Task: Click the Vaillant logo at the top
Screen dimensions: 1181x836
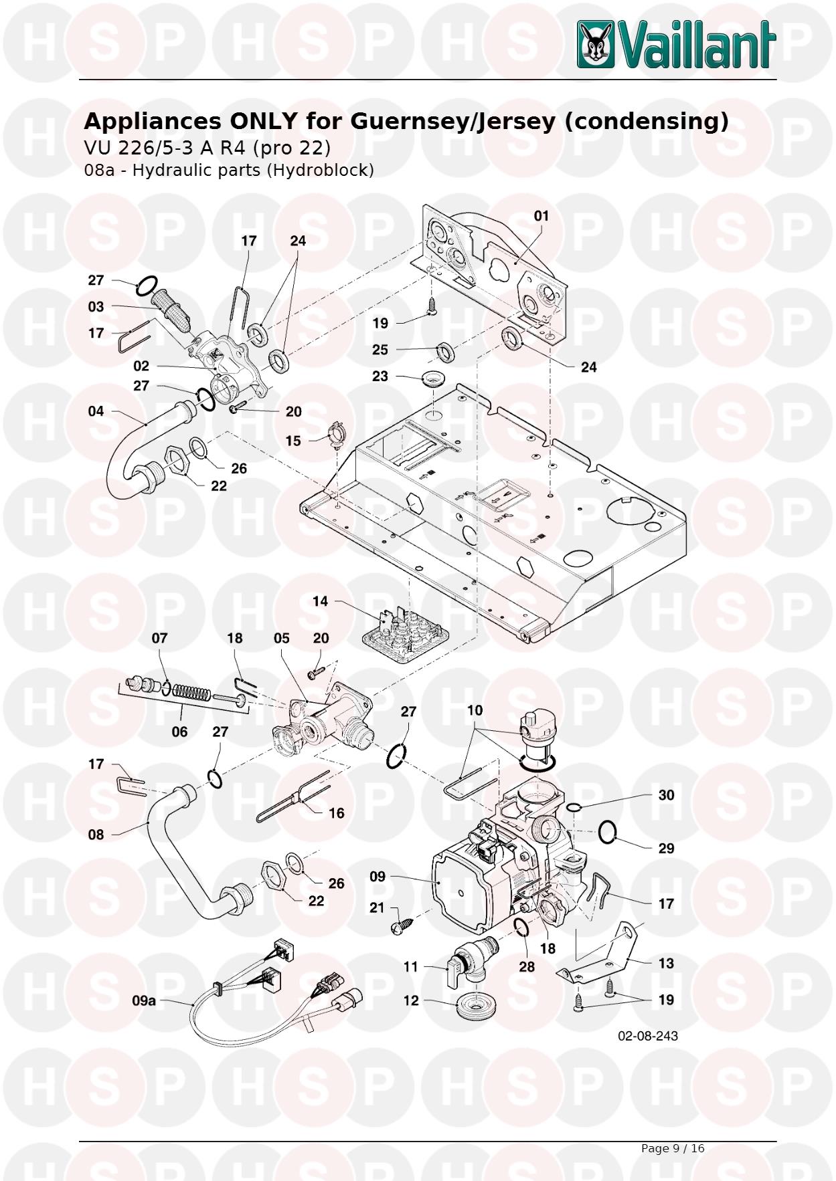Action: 677,44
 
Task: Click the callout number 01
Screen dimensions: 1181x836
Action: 541,216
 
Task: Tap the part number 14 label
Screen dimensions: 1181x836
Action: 320,601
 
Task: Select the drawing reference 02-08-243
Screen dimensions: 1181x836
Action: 647,1036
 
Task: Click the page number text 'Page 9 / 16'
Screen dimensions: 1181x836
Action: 672,1148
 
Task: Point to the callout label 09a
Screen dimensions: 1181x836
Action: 143,1000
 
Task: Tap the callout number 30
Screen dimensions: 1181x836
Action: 666,795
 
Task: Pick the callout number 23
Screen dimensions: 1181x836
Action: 380,377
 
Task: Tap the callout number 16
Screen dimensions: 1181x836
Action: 336,813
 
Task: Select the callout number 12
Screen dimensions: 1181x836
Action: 410,1000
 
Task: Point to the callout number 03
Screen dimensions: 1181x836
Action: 96,307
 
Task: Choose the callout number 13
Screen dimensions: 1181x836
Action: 665,964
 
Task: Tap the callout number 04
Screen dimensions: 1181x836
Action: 96,411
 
